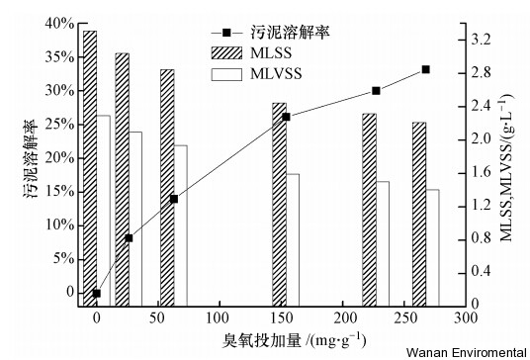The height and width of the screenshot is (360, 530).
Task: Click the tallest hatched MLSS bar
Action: pos(90,168)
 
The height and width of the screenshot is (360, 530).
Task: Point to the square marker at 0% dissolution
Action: pos(97,293)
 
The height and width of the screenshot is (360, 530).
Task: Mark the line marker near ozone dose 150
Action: pos(286,117)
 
